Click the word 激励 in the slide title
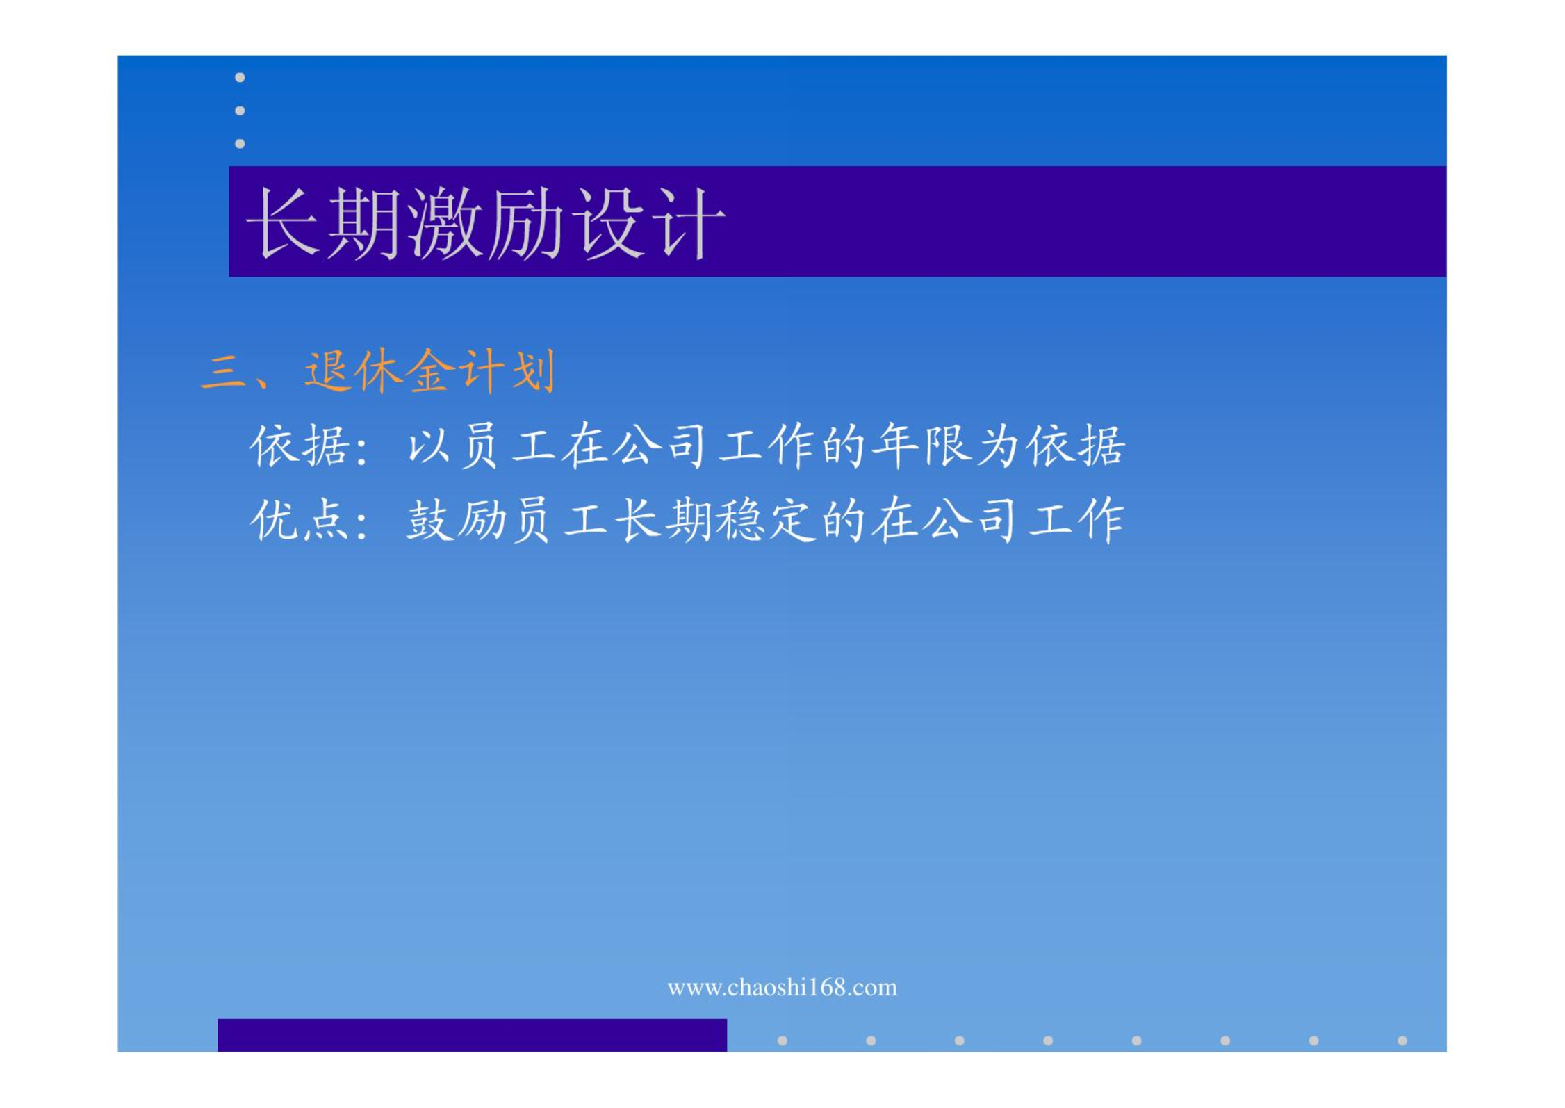485,223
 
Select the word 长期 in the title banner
323,223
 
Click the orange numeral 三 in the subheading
224,370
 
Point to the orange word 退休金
379,370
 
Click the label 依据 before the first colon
300,445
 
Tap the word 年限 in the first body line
922,445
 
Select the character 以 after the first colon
429,446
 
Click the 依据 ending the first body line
1076,445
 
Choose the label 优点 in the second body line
300,520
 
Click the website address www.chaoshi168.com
782,987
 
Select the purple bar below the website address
473,1035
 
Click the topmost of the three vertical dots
240,77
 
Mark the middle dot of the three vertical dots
240,111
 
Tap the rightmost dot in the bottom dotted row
1402,1041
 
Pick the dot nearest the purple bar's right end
782,1041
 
